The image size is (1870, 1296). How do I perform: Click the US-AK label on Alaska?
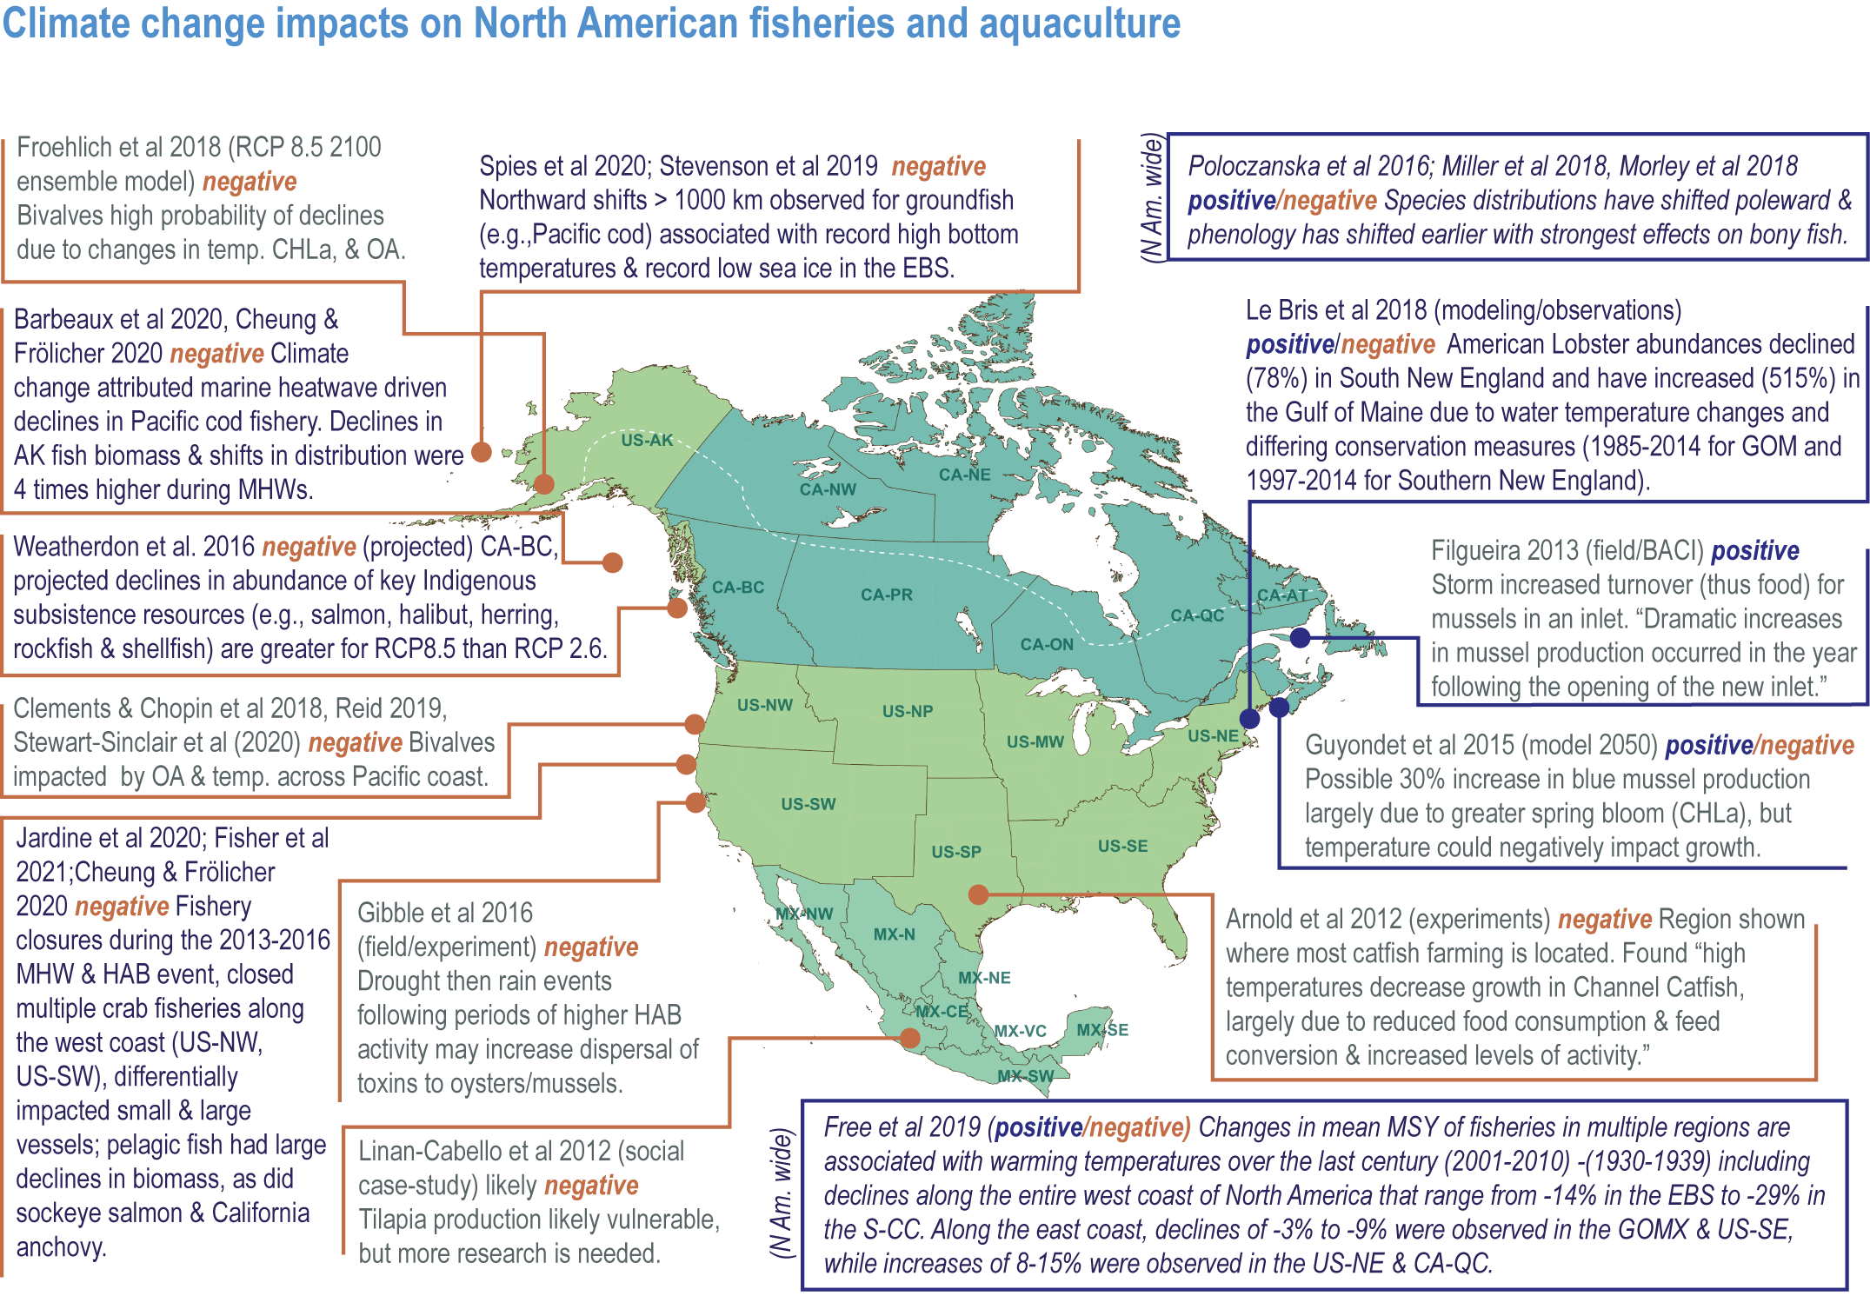pyautogui.click(x=647, y=440)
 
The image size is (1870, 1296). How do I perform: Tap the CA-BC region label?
pyautogui.click(x=737, y=588)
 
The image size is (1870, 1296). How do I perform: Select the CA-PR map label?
pyautogui.click(x=886, y=595)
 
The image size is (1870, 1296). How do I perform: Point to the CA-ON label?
pyautogui.click(x=1047, y=644)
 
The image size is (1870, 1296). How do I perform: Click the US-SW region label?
pyautogui.click(x=808, y=804)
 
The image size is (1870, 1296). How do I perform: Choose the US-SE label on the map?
pyautogui.click(x=1122, y=846)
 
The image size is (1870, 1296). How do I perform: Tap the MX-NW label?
pyautogui.click(x=804, y=914)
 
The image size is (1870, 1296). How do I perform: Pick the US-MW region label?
pyautogui.click(x=1035, y=741)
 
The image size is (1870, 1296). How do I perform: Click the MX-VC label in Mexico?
pyautogui.click(x=1020, y=1031)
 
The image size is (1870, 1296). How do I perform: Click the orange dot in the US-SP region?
pyautogui.click(x=978, y=894)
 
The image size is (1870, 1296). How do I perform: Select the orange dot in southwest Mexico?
pyautogui.click(x=909, y=1037)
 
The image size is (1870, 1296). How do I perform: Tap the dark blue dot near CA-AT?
pyautogui.click(x=1300, y=637)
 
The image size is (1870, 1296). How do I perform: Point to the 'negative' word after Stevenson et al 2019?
pyautogui.click(x=938, y=166)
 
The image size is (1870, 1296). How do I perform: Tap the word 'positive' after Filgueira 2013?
pyautogui.click(x=1754, y=551)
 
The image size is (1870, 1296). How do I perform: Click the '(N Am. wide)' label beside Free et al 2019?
pyautogui.click(x=782, y=1193)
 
